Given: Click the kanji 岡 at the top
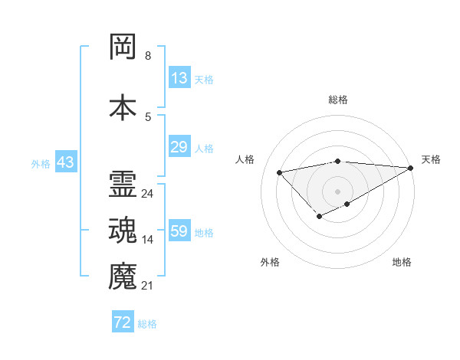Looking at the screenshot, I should tap(123, 47).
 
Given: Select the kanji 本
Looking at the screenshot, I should tap(123, 106).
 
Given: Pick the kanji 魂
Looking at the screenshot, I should tap(123, 231).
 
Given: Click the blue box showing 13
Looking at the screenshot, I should tap(179, 78).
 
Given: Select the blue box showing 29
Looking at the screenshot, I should tap(179, 147).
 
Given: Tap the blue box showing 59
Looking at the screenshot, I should tap(179, 231).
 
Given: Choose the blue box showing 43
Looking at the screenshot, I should tap(65, 163).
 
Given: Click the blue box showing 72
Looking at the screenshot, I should tap(122, 322).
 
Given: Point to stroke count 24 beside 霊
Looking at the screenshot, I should tap(147, 194).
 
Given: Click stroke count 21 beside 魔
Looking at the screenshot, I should tap(147, 286).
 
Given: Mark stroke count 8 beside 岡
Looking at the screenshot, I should tap(147, 56).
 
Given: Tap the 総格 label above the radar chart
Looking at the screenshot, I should tap(337, 100).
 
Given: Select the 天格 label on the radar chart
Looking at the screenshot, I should tap(431, 159).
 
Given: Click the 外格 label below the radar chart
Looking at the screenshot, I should tap(270, 262).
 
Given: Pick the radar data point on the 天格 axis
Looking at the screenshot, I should tap(412, 169).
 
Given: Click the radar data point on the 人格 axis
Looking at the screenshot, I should tap(279, 172).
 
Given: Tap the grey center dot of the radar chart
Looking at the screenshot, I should tap(337, 191).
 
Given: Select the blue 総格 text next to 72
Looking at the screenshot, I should tap(147, 323).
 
